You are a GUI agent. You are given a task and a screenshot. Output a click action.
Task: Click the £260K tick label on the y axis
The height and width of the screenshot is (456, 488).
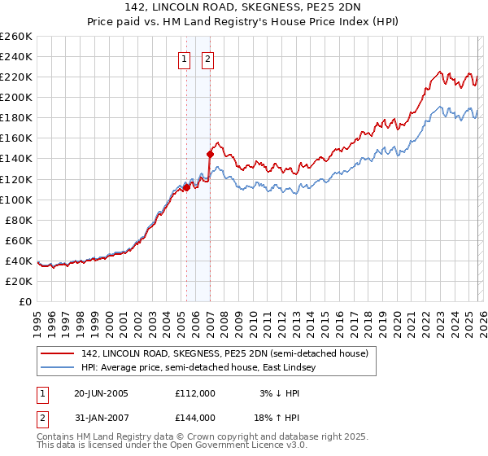click(x=16, y=37)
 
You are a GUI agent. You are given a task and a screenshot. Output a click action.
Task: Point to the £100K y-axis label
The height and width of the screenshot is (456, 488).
click(x=16, y=199)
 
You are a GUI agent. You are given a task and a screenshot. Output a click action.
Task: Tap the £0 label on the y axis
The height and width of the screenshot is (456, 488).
click(x=24, y=301)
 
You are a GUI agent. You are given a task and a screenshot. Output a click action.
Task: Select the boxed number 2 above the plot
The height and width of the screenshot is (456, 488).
click(x=207, y=59)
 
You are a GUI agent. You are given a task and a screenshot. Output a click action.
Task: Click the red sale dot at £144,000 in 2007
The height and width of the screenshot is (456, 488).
click(x=210, y=153)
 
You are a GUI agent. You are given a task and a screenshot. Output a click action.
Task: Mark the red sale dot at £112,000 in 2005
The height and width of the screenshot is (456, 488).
click(x=186, y=186)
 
